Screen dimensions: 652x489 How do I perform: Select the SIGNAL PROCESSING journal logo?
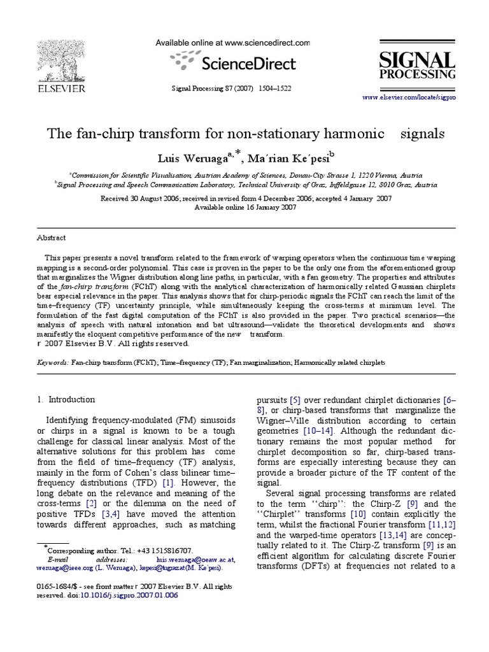pos(417,66)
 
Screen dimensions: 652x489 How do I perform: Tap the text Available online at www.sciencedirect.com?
pos(233,43)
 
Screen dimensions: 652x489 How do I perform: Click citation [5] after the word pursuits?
pos(295,400)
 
